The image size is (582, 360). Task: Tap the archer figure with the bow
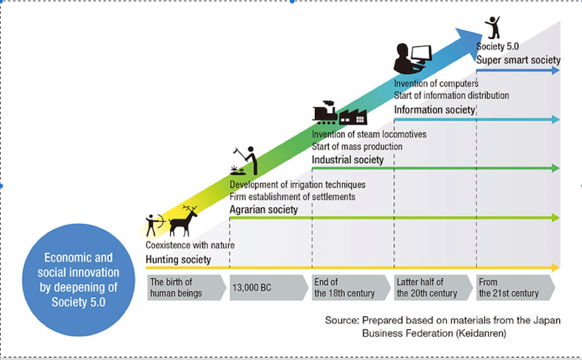click(155, 225)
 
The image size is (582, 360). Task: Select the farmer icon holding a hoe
click(245, 161)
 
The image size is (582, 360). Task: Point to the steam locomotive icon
click(325, 113)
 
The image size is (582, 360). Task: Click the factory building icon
click(353, 117)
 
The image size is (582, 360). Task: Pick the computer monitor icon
click(422, 54)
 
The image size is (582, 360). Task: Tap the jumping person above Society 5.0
click(493, 27)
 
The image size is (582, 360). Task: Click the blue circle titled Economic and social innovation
click(78, 280)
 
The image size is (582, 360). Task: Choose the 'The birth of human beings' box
click(186, 287)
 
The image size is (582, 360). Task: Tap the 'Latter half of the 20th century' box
click(433, 287)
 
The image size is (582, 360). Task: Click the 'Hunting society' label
click(178, 260)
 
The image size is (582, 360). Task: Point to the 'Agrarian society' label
click(264, 210)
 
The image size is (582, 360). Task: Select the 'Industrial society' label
click(347, 160)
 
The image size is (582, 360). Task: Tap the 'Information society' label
click(434, 110)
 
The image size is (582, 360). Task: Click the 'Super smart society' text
click(518, 60)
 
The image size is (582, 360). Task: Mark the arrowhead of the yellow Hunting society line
click(556, 268)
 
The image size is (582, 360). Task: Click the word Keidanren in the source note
click(481, 333)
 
